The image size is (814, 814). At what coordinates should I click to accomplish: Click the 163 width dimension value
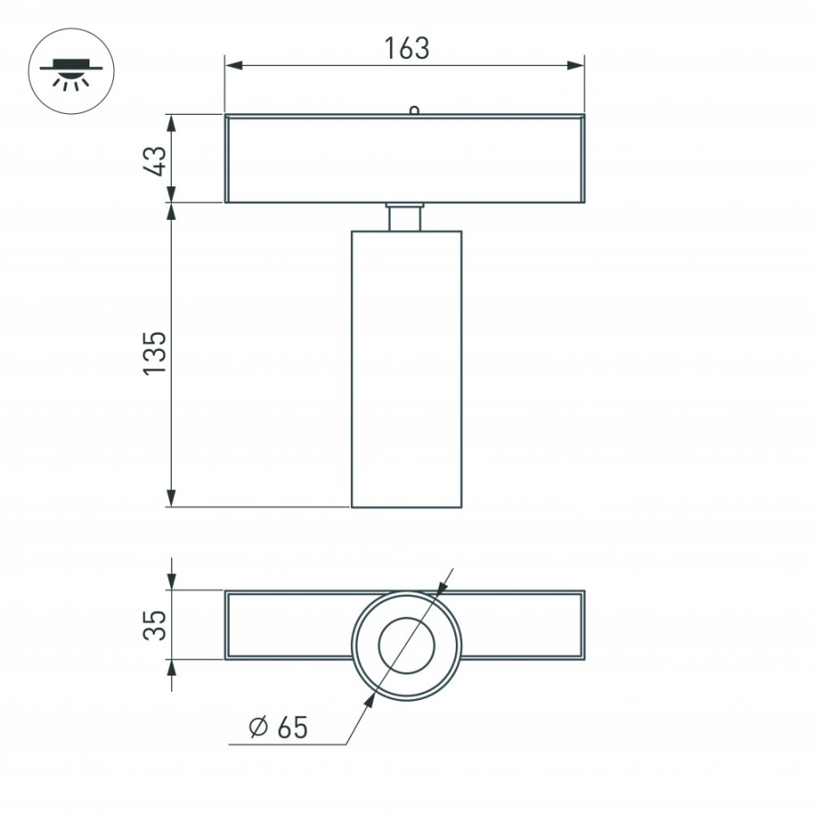point(406,48)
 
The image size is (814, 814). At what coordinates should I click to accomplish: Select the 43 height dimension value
point(156,160)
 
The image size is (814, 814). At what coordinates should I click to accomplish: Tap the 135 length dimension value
point(156,353)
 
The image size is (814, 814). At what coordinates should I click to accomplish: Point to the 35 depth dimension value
point(156,625)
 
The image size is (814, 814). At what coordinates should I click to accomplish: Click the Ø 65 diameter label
point(278,726)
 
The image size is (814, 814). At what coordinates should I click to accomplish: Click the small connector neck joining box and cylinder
point(405,217)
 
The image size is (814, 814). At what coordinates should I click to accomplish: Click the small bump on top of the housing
point(413,110)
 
